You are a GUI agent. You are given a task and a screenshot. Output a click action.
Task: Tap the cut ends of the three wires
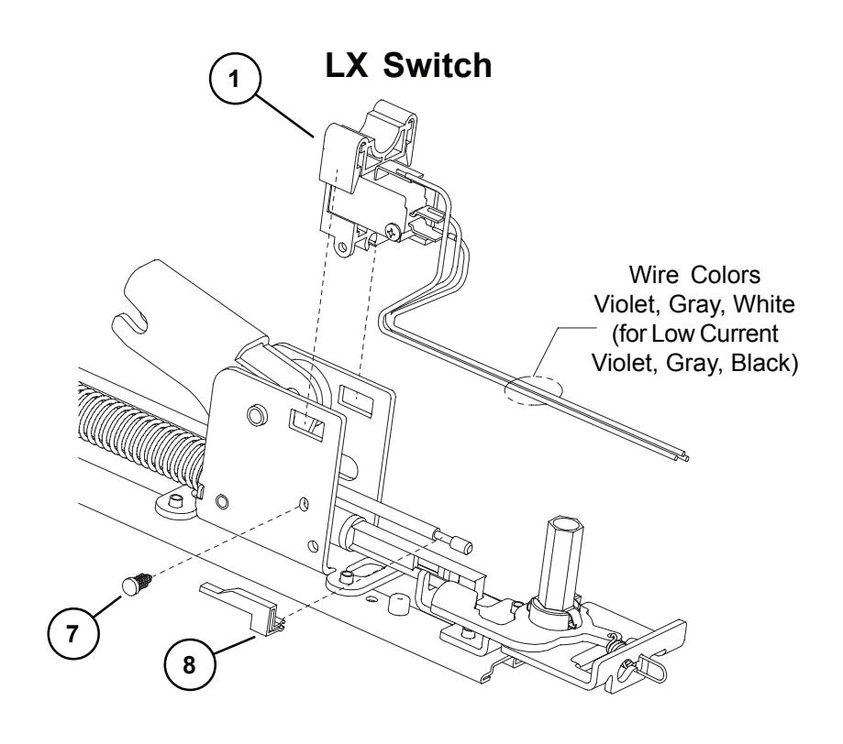click(x=682, y=456)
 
